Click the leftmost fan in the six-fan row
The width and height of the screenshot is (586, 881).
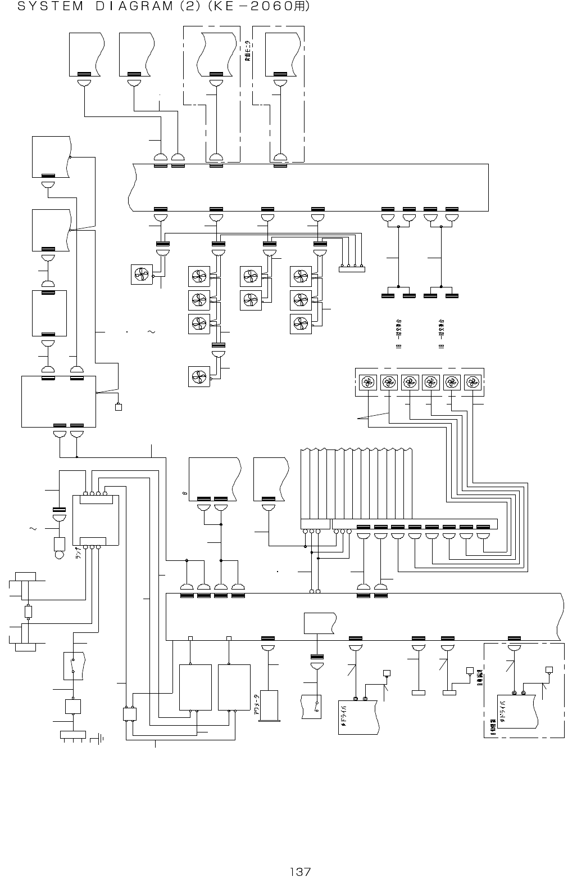(x=367, y=383)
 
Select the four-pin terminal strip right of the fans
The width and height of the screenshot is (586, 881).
(x=352, y=269)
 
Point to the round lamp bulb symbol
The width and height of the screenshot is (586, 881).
(x=59, y=555)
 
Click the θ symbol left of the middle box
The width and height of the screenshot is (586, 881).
(x=184, y=495)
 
